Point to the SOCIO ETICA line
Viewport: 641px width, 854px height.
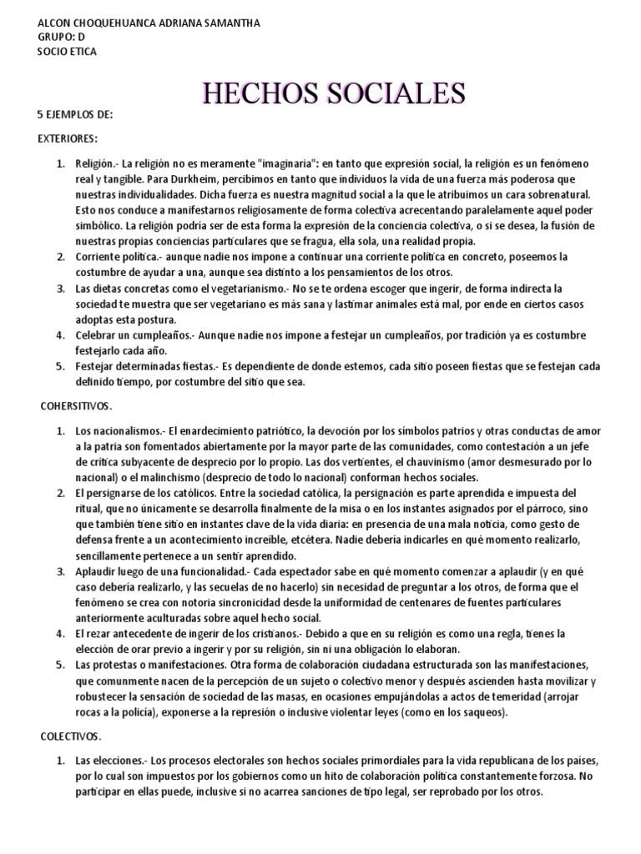pos(68,52)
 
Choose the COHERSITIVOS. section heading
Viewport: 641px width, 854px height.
pos(82,405)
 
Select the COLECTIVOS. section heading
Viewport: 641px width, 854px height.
pos(71,736)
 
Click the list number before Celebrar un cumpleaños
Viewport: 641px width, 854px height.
pos(61,335)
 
